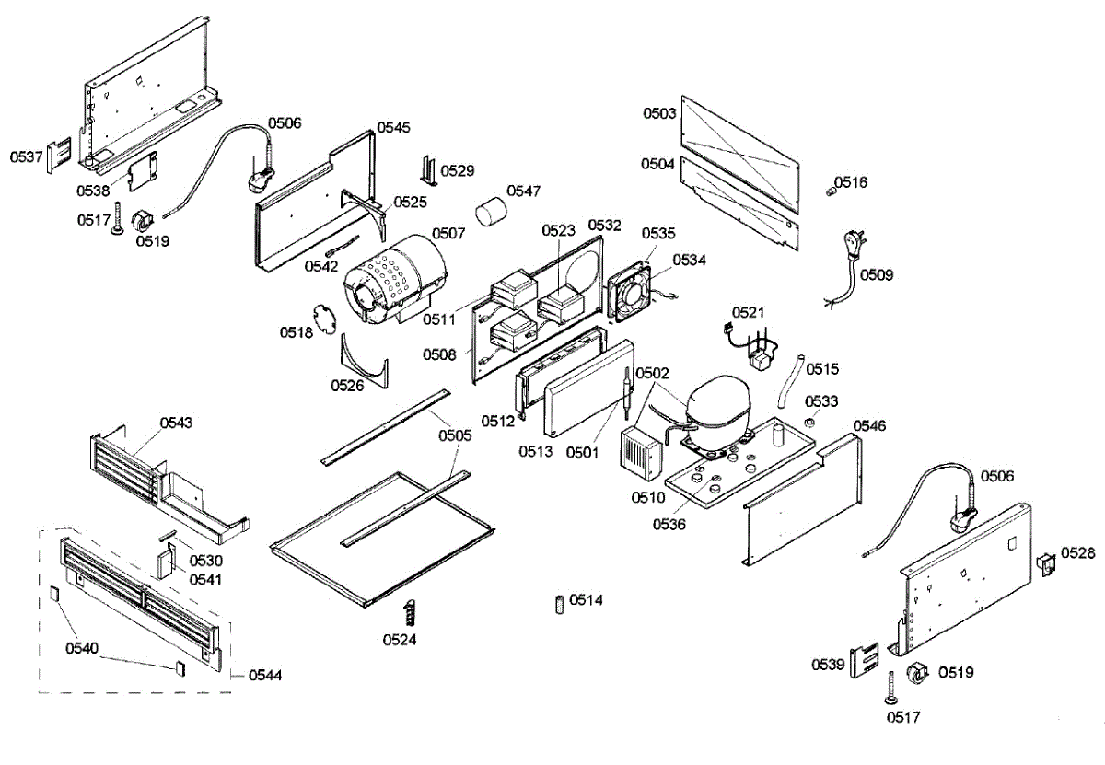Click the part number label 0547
pos(523,191)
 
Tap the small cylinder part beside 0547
pos(491,212)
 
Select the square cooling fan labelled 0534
pos(630,292)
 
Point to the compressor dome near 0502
pos(718,400)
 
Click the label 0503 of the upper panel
pos(659,113)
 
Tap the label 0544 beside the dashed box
pos(265,675)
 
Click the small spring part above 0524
pos(410,612)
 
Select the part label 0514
pos(586,600)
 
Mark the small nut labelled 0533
pos(809,423)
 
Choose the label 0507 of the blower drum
pos(448,233)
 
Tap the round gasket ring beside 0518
pos(324,319)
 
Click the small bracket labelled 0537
pos(59,156)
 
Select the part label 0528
pos(1078,553)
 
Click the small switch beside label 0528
pos(1047,564)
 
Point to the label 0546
pos(869,425)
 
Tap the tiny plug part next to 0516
pos(832,191)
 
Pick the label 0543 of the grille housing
pos(176,423)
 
